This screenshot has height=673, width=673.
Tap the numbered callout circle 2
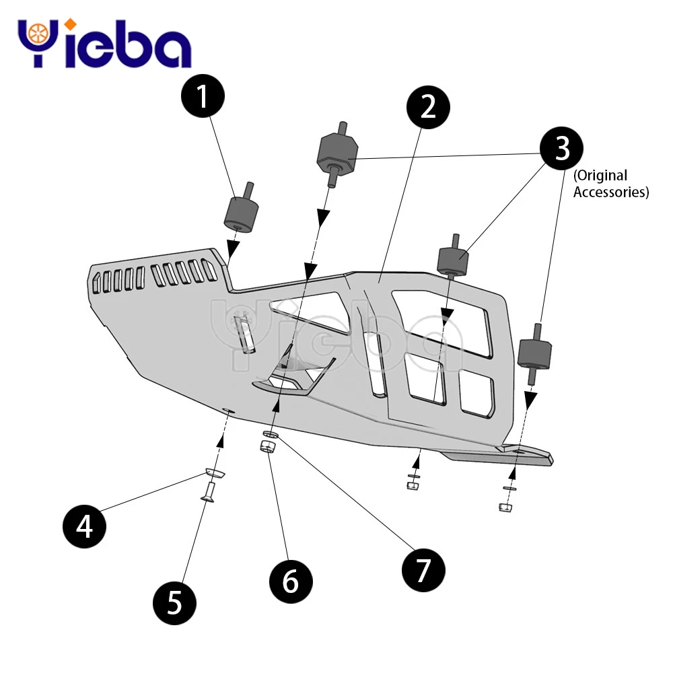click(429, 108)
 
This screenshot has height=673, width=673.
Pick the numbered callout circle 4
click(85, 526)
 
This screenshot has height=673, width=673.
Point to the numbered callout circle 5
click(174, 601)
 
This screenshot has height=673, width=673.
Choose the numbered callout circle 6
click(290, 579)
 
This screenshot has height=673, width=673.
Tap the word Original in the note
click(602, 176)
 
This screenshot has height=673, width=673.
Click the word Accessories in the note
click(611, 192)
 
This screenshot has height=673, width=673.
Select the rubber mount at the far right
click(536, 354)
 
